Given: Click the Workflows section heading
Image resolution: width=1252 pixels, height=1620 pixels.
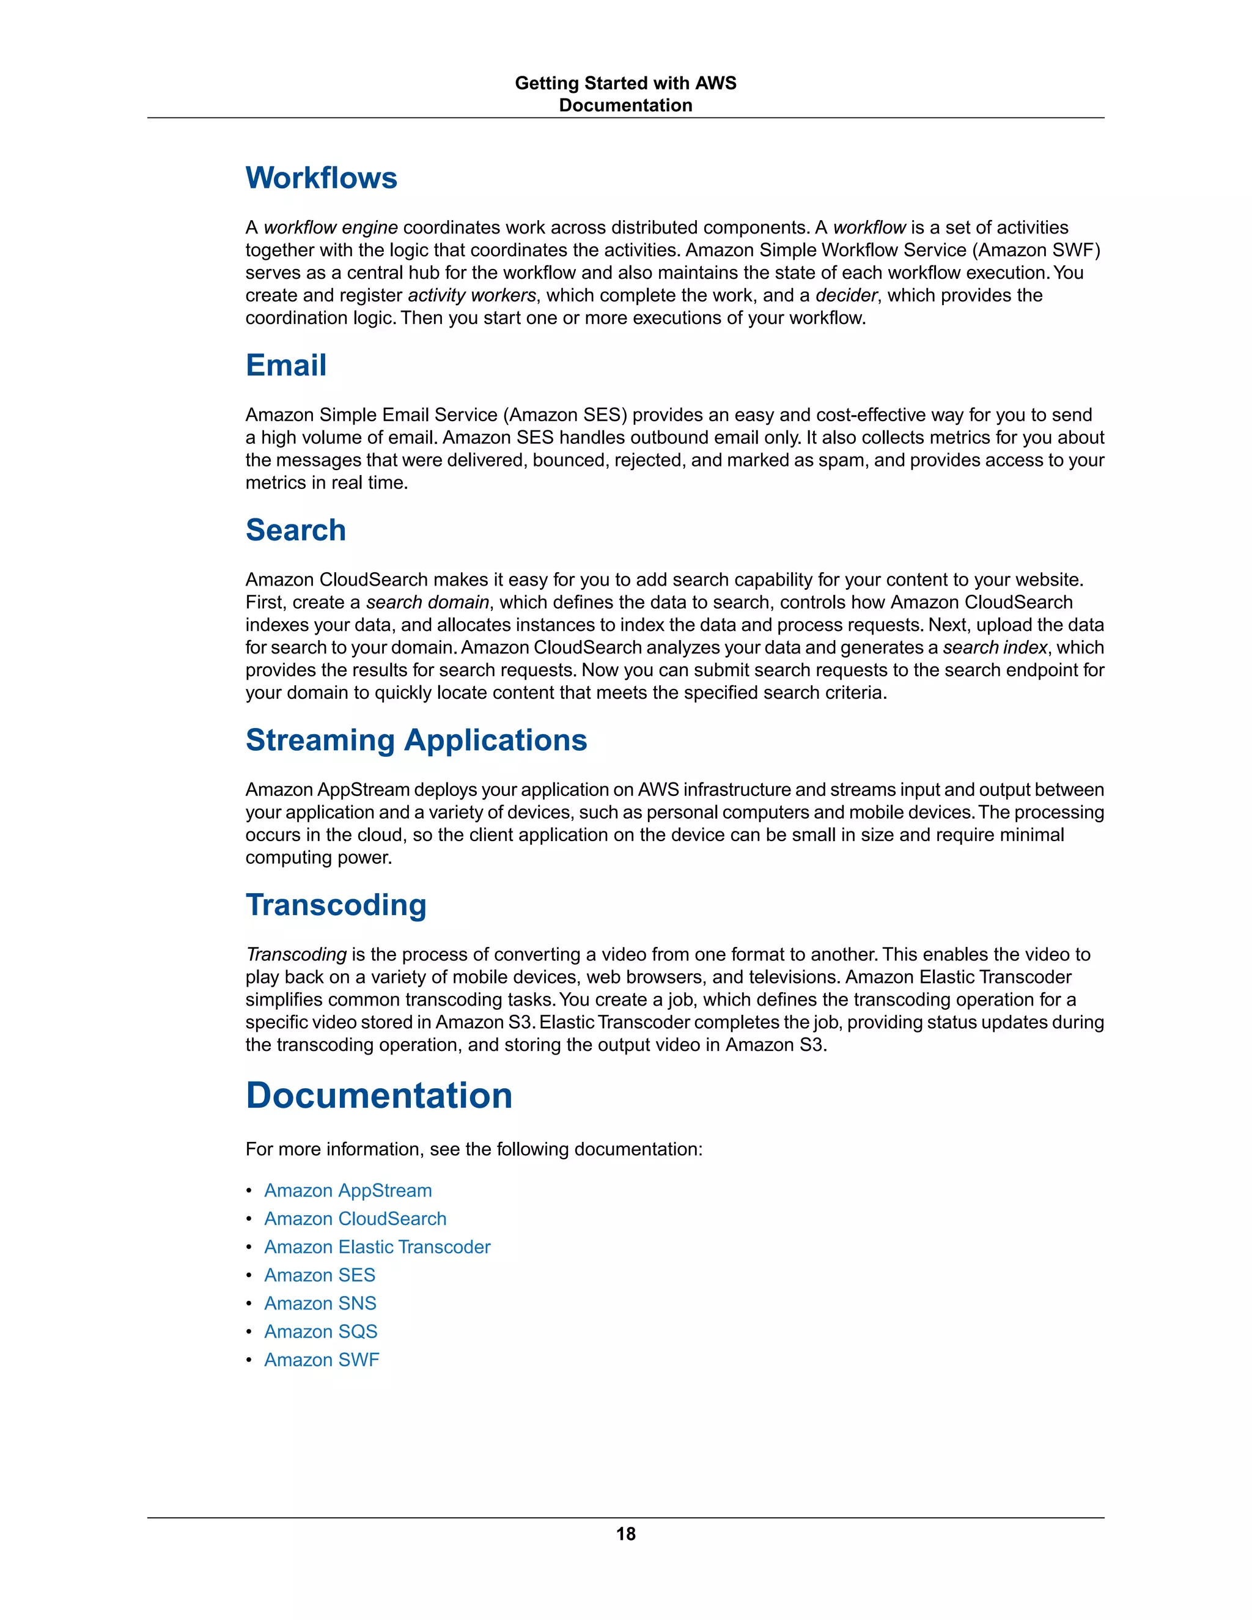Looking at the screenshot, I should coord(321,178).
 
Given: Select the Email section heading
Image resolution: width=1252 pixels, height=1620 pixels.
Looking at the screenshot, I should coord(285,365).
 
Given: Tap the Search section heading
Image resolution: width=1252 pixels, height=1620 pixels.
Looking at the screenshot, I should coord(295,531).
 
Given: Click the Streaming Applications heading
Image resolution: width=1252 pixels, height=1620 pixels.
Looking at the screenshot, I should coord(416,740).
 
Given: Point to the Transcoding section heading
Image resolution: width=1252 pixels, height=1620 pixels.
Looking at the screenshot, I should coord(336,905).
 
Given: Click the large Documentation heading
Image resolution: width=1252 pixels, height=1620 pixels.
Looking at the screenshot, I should coord(379,1095).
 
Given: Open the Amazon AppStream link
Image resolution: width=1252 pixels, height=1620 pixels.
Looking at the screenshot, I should coord(348,1190).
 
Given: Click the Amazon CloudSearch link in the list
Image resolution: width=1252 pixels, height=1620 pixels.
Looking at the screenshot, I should coord(355,1219).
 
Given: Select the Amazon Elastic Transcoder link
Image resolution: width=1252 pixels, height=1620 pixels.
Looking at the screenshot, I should coord(377,1247).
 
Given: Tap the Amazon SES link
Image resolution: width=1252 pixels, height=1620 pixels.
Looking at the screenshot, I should coord(320,1275).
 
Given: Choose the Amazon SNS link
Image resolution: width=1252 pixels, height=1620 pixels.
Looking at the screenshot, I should coord(320,1303).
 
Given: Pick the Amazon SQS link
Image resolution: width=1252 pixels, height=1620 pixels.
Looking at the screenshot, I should coord(320,1331).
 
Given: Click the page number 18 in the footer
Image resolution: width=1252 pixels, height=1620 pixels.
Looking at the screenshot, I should coord(625,1534).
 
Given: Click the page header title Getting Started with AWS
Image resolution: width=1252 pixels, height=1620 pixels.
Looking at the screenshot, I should coord(625,83).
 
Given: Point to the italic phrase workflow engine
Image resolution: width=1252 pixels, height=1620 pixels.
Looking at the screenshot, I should coord(331,228).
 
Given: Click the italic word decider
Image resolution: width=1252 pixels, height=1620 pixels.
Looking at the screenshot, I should coord(846,295).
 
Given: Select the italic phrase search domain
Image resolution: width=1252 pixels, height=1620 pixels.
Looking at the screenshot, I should coord(428,602).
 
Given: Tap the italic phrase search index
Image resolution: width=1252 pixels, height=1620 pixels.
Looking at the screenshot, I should coord(995,647).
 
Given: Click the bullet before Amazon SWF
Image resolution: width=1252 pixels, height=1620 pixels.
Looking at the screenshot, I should coord(249,1360).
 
